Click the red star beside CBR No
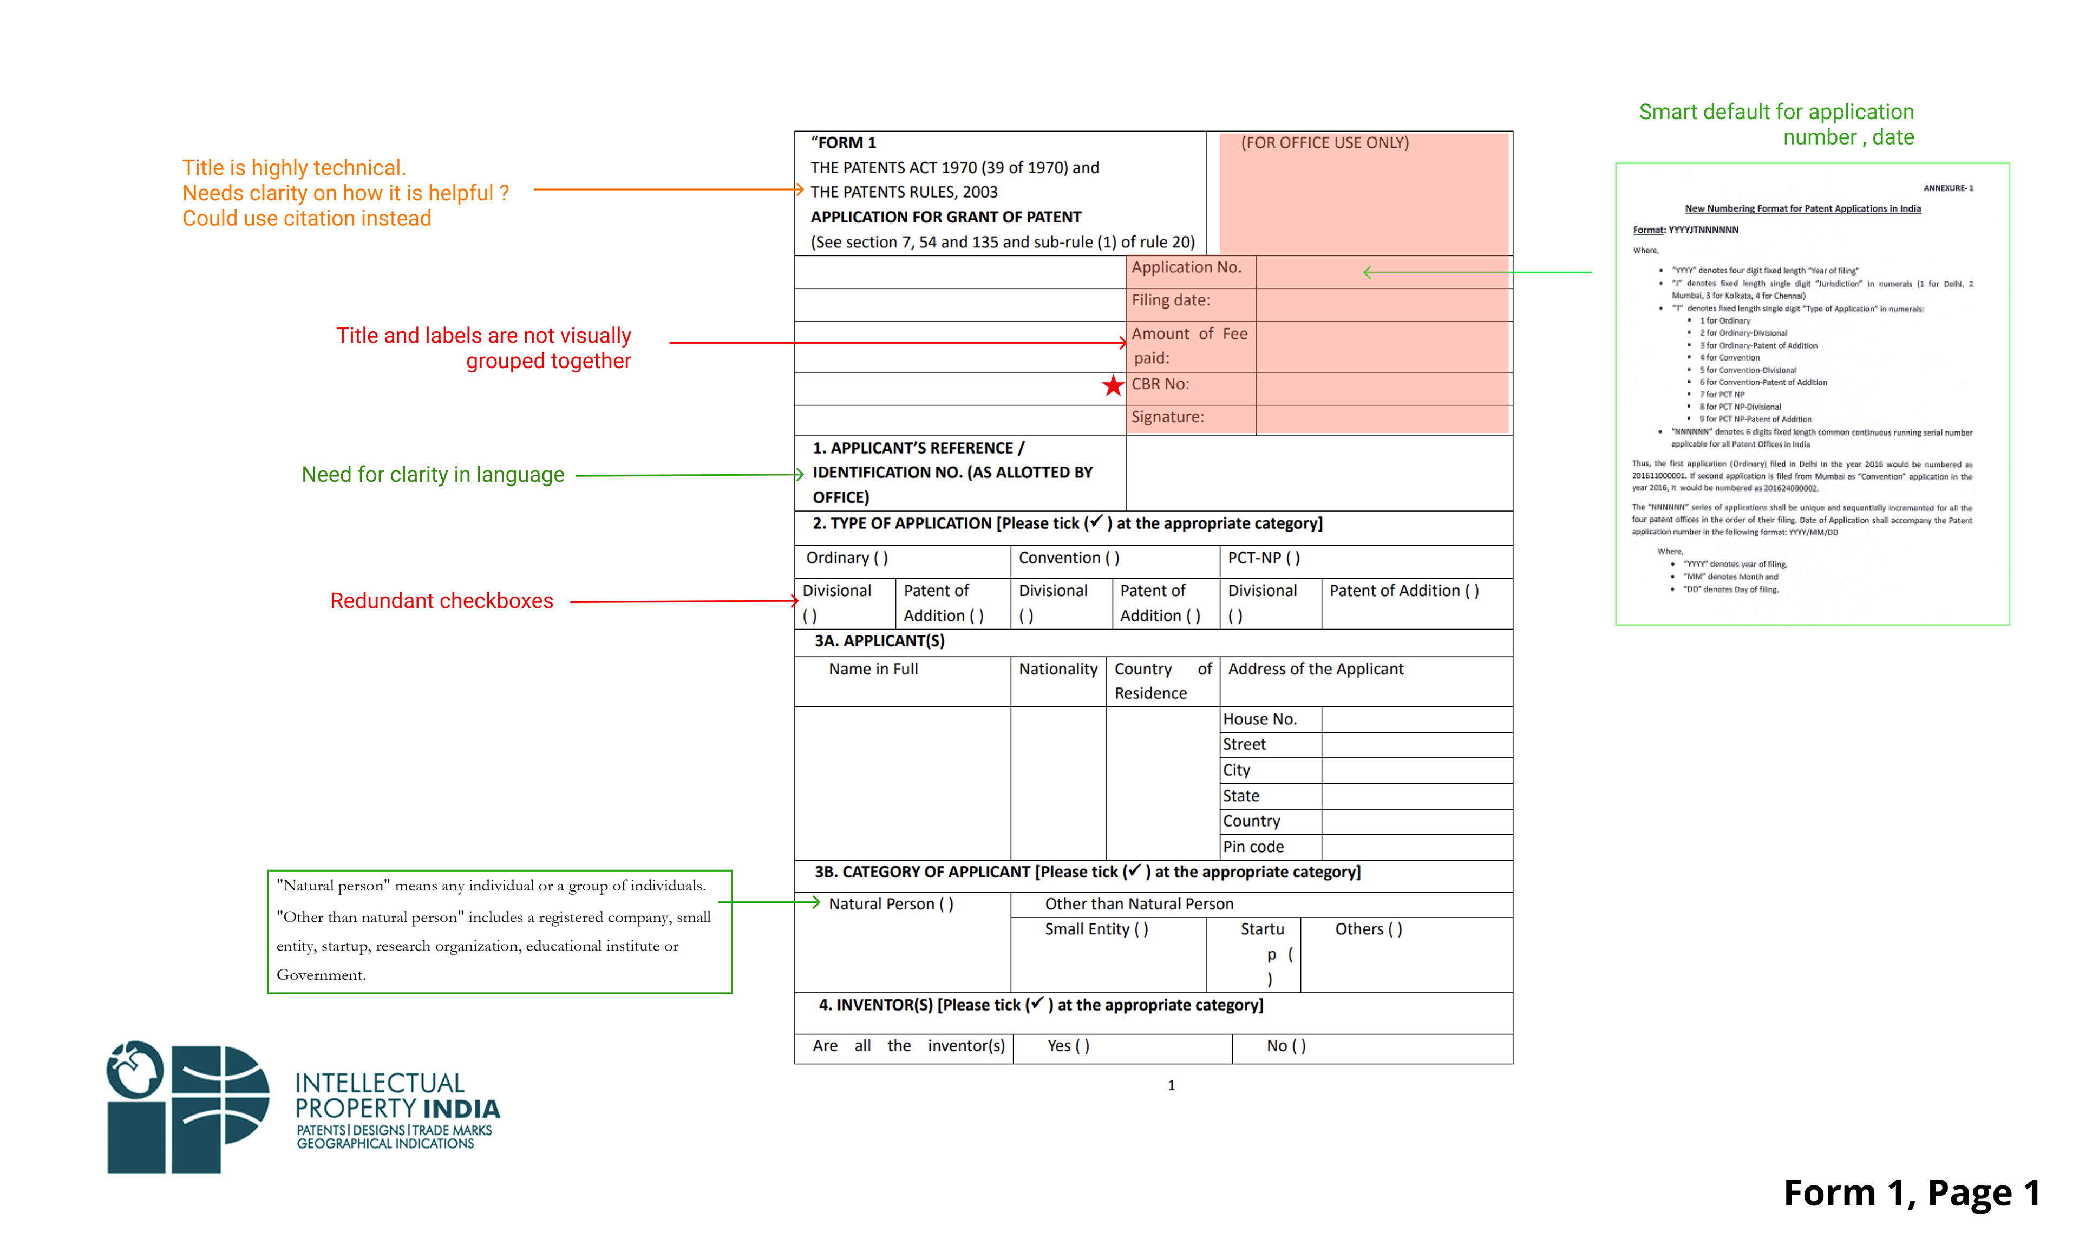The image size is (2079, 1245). point(1113,386)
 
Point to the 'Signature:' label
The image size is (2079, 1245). point(1167,417)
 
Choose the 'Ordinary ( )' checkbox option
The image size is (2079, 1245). point(847,558)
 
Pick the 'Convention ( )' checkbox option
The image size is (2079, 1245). point(1068,558)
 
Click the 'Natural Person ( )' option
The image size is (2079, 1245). point(890,905)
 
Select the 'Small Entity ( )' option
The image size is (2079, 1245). point(1096,929)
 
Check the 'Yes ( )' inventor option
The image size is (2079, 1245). point(1068,1046)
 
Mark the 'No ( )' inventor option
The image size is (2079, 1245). point(1285,1046)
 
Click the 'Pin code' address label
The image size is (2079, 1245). point(1253,847)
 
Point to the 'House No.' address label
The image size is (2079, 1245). point(1259,720)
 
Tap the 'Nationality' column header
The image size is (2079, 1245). point(1057,670)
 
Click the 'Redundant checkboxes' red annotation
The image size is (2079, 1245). point(441,601)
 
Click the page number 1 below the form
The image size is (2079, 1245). point(1171,1086)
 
